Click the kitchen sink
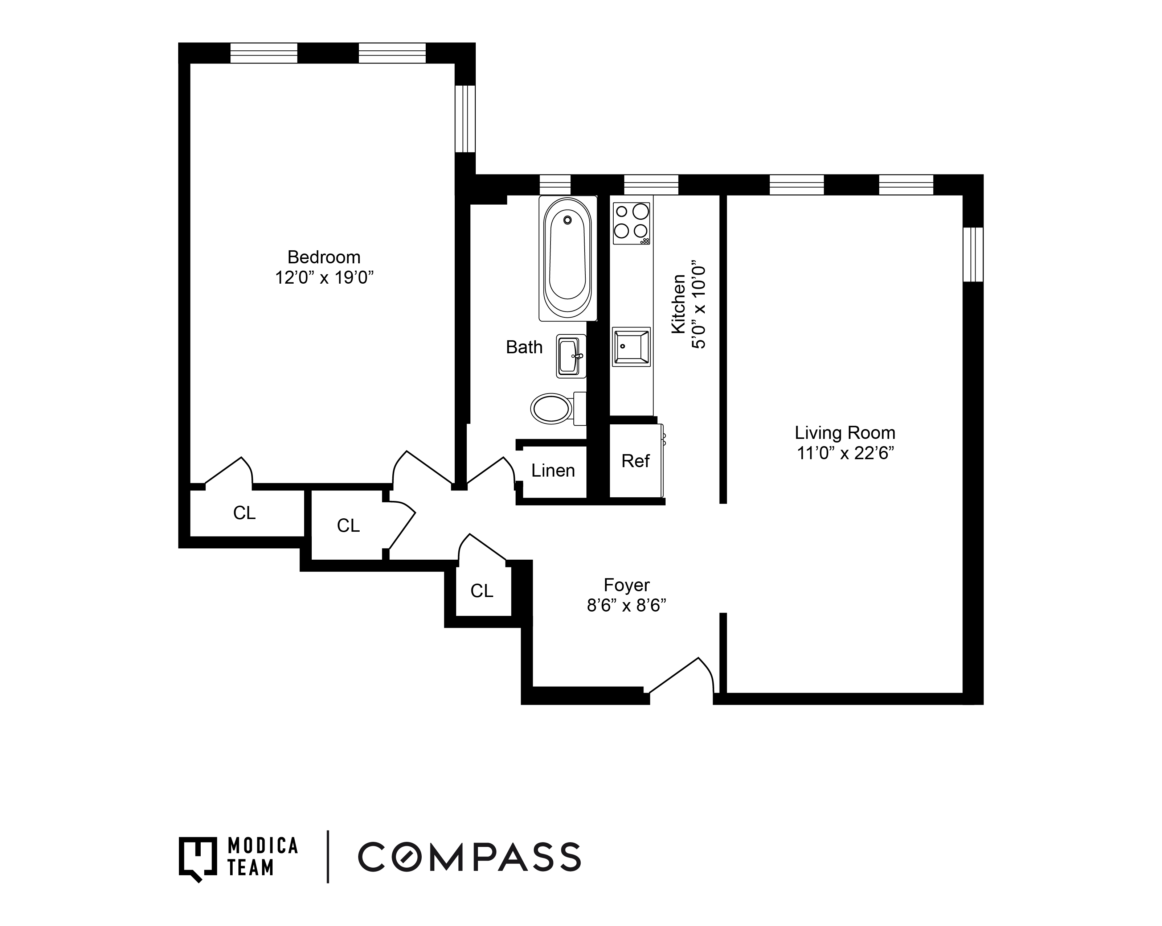(631, 347)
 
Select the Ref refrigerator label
(635, 461)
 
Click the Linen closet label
(553, 471)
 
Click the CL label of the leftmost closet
(244, 513)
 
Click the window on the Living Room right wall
(973, 254)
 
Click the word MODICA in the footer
(262, 846)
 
